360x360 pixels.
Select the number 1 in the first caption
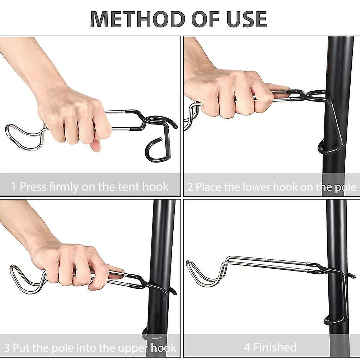point(14,187)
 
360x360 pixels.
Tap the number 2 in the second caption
point(190,187)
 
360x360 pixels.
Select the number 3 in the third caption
point(7,347)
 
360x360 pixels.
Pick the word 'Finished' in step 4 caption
point(275,347)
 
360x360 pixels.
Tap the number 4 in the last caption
point(247,347)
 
